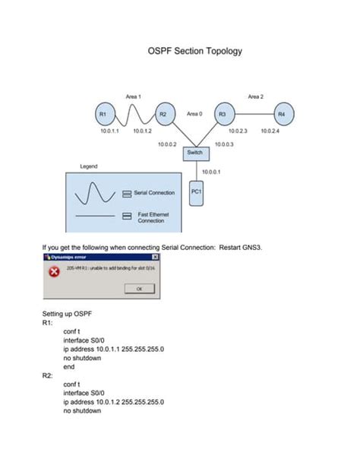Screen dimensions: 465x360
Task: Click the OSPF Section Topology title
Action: coord(194,52)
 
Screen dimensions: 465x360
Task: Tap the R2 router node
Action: coord(163,114)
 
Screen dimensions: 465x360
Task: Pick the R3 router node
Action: coord(223,114)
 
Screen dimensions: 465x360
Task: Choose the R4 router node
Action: coord(282,114)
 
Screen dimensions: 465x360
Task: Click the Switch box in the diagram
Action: coord(194,153)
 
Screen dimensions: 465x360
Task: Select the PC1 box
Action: coord(195,194)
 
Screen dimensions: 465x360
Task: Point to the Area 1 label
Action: coord(134,96)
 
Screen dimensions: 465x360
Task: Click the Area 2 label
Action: coord(255,96)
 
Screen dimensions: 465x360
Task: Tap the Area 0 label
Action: coord(194,113)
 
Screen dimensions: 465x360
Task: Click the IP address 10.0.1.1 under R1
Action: coord(110,131)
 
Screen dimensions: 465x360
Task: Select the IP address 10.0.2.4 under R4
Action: coord(270,131)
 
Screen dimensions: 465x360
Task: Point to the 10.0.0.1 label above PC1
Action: coord(211,172)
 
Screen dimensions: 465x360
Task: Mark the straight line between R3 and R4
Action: coord(252,114)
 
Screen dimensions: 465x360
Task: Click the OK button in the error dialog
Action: coord(139,289)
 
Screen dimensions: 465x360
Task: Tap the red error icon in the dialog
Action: coord(54,273)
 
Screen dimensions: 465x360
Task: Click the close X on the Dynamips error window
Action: coord(166,258)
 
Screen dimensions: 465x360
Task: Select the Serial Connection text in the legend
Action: coord(154,193)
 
